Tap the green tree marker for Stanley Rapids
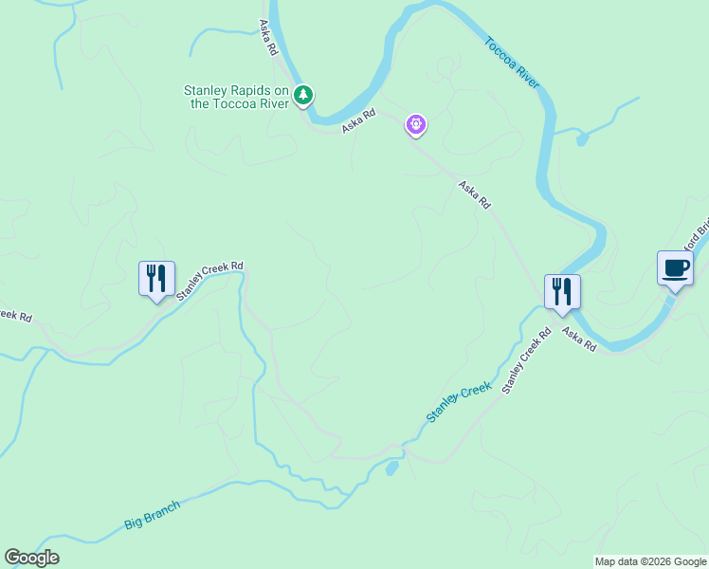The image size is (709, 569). click(302, 95)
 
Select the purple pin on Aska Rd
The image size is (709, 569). click(415, 124)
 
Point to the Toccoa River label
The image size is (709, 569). click(512, 63)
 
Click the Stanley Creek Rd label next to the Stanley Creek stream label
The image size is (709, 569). click(526, 361)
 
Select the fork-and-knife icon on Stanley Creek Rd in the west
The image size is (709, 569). click(156, 280)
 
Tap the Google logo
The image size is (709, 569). click(31, 558)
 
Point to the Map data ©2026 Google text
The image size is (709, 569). click(649, 561)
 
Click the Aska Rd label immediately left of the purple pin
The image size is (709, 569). click(359, 119)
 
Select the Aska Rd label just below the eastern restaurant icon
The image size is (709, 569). click(578, 339)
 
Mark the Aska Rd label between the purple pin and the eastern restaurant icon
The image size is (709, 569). click(474, 194)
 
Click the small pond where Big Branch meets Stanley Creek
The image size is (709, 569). click(391, 468)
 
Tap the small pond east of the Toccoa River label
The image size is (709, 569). click(582, 139)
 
